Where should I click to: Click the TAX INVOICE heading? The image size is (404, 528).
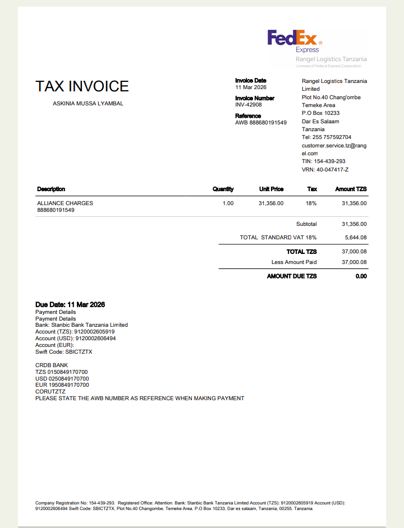(x=82, y=86)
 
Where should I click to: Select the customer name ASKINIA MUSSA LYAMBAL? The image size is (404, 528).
(x=88, y=103)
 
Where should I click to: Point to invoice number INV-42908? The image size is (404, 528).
(x=248, y=105)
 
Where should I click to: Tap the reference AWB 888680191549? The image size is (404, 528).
(x=260, y=123)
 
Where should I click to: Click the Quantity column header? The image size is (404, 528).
(x=223, y=189)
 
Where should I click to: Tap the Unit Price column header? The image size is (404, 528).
(x=271, y=189)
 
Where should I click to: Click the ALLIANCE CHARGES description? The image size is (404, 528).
(x=65, y=203)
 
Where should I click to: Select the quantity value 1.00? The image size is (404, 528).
(x=228, y=203)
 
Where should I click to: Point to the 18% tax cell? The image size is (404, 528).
(x=311, y=203)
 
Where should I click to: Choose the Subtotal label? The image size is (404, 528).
(x=306, y=224)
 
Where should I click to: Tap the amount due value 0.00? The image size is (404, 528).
(x=361, y=276)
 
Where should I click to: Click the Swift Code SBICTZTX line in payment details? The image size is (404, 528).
(x=63, y=352)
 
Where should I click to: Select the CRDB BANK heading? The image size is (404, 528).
(x=52, y=365)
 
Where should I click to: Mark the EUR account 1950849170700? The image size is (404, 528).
(x=62, y=385)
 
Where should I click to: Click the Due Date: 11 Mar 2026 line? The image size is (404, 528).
(x=70, y=305)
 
